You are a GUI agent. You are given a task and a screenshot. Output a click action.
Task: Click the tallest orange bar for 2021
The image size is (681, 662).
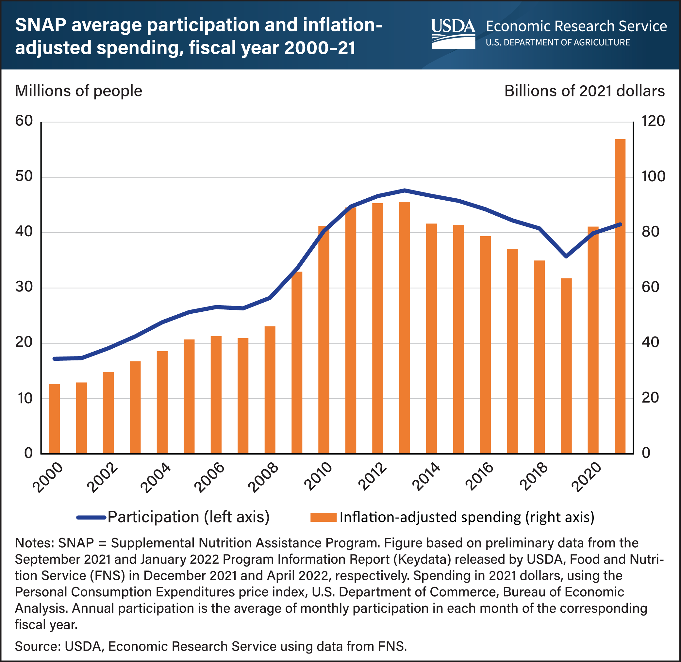[x=620, y=295]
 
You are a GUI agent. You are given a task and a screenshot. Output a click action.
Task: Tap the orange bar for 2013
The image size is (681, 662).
[x=404, y=327]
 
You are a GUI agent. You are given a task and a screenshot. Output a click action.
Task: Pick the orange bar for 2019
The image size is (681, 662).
[x=566, y=365]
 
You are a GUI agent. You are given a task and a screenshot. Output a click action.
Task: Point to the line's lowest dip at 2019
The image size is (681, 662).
[x=566, y=256]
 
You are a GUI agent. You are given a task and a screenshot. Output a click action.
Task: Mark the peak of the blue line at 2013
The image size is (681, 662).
[x=404, y=190]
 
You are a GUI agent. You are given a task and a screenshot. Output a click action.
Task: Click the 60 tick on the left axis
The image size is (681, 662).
[x=24, y=121]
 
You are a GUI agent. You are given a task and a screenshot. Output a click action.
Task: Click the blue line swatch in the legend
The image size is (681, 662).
[x=91, y=517]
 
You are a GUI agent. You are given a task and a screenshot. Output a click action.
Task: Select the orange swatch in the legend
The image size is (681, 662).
[x=323, y=517]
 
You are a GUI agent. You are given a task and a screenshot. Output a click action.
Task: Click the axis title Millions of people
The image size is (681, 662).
[x=78, y=91]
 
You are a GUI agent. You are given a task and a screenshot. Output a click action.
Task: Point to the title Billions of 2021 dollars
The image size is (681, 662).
[x=584, y=91]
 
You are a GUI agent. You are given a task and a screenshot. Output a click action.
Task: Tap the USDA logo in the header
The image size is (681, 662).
[x=453, y=34]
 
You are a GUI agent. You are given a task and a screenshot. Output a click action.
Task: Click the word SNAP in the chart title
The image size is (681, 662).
[x=40, y=25]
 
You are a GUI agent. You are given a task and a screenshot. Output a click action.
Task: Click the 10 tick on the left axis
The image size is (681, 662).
[x=24, y=398]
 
